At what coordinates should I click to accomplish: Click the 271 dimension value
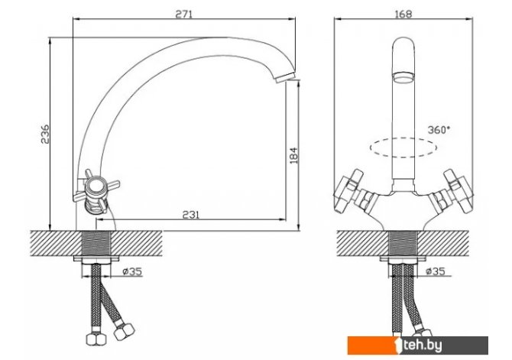click(184, 14)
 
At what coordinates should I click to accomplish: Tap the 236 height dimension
click(45, 134)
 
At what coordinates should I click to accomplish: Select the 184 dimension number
click(293, 155)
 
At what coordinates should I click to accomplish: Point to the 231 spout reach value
click(191, 215)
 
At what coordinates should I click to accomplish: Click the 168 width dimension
click(403, 14)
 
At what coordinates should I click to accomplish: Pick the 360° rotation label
click(439, 130)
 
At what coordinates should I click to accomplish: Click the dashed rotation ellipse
click(403, 148)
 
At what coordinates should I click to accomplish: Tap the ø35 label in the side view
click(132, 271)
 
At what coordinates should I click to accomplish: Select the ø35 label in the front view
click(436, 271)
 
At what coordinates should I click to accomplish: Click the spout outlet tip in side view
click(286, 78)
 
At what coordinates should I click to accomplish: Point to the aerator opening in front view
click(403, 78)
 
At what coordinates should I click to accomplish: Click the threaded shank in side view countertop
click(96, 243)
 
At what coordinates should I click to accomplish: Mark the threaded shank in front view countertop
click(403, 243)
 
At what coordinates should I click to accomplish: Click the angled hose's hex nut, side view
click(124, 332)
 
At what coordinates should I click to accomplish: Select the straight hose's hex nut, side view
click(96, 339)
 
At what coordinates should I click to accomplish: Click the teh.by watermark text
click(423, 345)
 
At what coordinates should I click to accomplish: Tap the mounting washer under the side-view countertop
click(96, 259)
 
